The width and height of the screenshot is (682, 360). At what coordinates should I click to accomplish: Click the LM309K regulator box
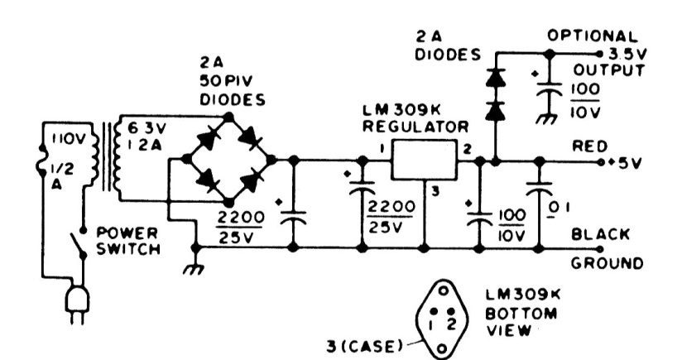424,159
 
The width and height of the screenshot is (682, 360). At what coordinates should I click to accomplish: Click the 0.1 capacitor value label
562,204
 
